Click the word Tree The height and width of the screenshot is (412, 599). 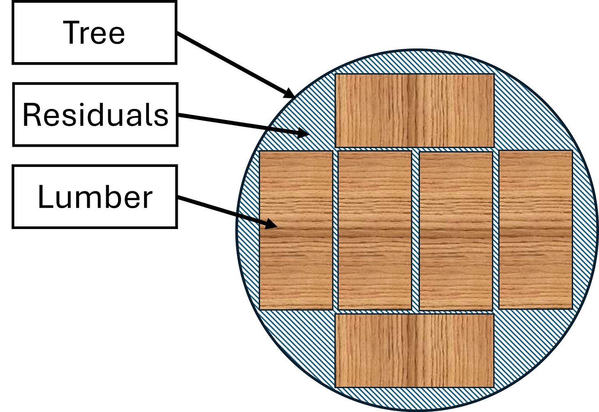coord(94,33)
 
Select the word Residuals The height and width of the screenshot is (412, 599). coord(95,115)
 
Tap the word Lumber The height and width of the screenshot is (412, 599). coord(95,197)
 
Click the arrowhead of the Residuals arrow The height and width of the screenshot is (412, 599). coord(303,133)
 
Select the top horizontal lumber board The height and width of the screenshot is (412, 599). coord(414,110)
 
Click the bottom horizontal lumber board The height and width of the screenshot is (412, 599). coord(414,350)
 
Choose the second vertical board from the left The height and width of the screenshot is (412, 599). coord(374,230)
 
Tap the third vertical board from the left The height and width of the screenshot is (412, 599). coord(455,230)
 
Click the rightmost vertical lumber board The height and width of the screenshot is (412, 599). coord(535,230)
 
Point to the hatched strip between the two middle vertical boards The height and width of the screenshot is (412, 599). coord(415,230)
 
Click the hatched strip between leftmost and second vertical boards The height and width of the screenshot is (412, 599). coord(335,230)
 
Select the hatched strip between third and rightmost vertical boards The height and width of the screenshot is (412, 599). coord(496,230)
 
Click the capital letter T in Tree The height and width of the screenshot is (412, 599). coord(70,32)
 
